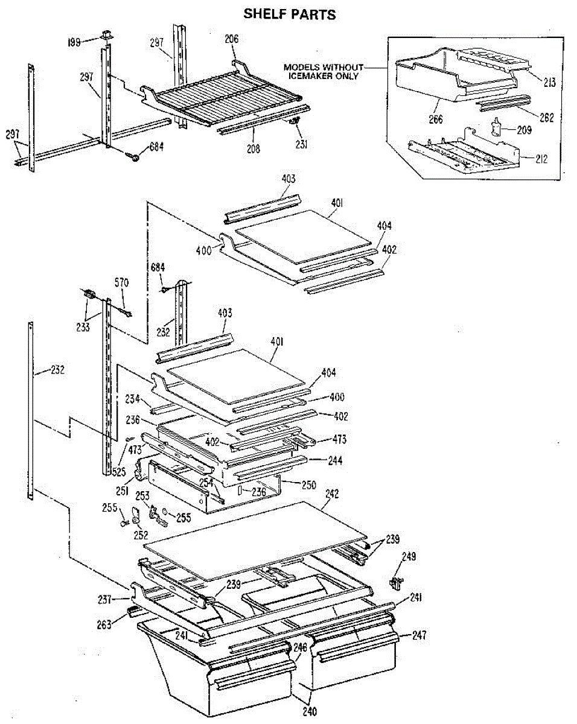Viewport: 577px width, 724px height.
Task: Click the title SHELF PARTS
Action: (290, 13)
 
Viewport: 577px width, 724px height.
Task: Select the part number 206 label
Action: (231, 39)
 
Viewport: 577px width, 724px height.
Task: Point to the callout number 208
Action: (253, 149)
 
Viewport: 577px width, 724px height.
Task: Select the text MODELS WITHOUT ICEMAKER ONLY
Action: (324, 72)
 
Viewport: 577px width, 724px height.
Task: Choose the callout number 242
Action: (332, 494)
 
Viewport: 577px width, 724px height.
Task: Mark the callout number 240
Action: (308, 710)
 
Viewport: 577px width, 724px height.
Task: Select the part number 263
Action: (104, 625)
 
